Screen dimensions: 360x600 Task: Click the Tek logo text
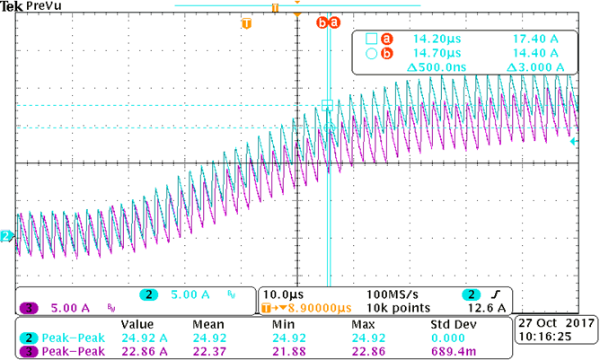[11, 6]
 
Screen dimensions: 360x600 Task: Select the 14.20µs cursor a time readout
[436, 40]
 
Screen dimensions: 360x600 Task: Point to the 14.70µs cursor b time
[436, 54]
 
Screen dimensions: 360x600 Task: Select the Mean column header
[209, 324]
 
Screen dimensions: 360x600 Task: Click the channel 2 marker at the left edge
[6, 236]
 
